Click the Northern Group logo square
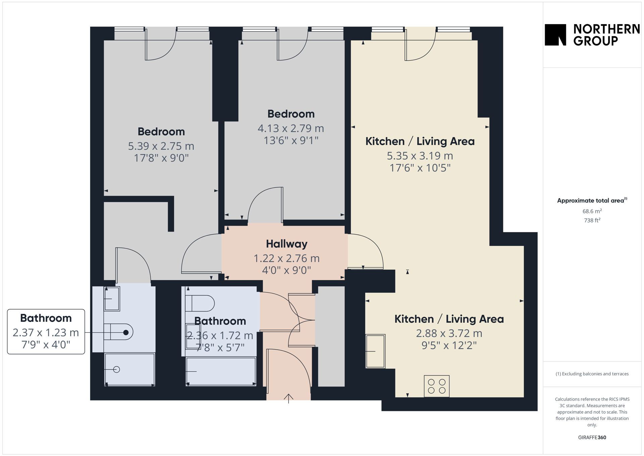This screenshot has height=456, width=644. pyautogui.click(x=555, y=35)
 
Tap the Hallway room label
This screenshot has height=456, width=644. pyautogui.click(x=286, y=244)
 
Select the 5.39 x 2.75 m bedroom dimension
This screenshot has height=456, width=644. pyautogui.click(x=161, y=146)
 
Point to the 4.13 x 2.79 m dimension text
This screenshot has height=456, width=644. pyautogui.click(x=291, y=128)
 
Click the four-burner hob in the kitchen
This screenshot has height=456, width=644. pyautogui.click(x=437, y=386)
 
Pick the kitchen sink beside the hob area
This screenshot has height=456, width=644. pyautogui.click(x=375, y=351)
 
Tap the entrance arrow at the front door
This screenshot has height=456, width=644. pyautogui.click(x=288, y=398)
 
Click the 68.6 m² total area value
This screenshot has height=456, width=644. pyautogui.click(x=592, y=211)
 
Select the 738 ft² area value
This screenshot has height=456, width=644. pyautogui.click(x=592, y=220)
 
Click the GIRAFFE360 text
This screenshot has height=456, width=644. pyautogui.click(x=592, y=438)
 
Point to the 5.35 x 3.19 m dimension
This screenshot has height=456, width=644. pyautogui.click(x=420, y=156)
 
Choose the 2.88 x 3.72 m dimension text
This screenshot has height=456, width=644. pyautogui.click(x=449, y=333)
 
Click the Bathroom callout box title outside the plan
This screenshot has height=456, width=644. pyautogui.click(x=46, y=318)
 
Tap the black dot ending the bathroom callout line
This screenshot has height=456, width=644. pyautogui.click(x=126, y=332)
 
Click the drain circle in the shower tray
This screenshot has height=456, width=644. pyautogui.click(x=117, y=369)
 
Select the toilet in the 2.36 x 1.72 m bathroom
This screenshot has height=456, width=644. pyautogui.click(x=200, y=303)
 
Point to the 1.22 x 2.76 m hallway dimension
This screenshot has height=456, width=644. pyautogui.click(x=286, y=258)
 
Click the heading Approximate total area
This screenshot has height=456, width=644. pyautogui.click(x=590, y=200)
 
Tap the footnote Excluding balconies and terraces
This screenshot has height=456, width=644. pyautogui.click(x=592, y=374)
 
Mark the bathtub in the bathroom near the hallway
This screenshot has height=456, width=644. pyautogui.click(x=221, y=371)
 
